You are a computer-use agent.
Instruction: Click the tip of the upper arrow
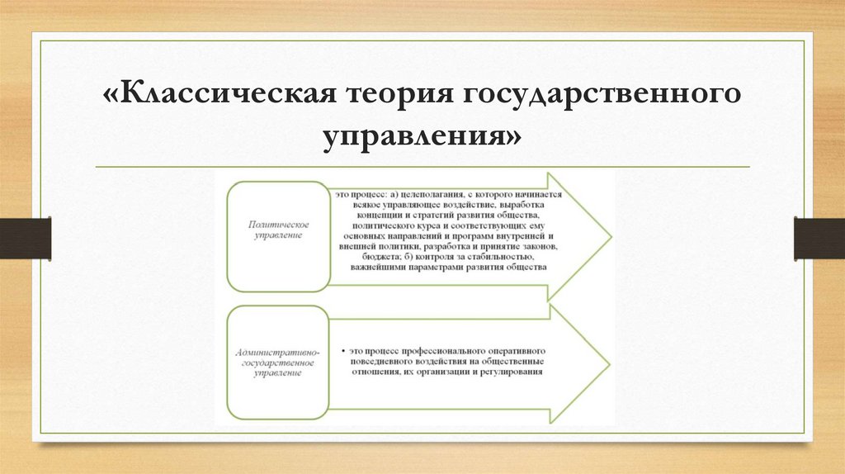point(610,237)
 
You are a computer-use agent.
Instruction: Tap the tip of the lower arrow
point(610,367)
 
